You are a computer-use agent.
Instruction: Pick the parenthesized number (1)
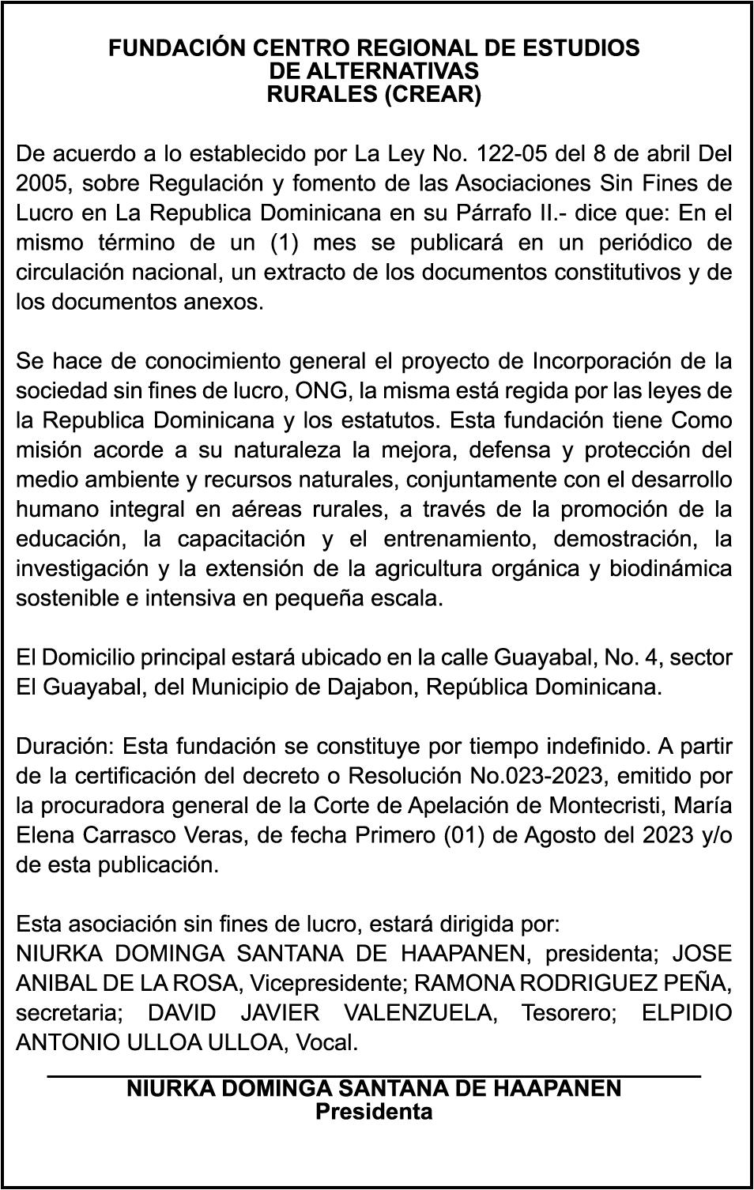pos(289,243)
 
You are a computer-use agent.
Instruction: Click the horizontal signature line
pos(374,1075)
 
